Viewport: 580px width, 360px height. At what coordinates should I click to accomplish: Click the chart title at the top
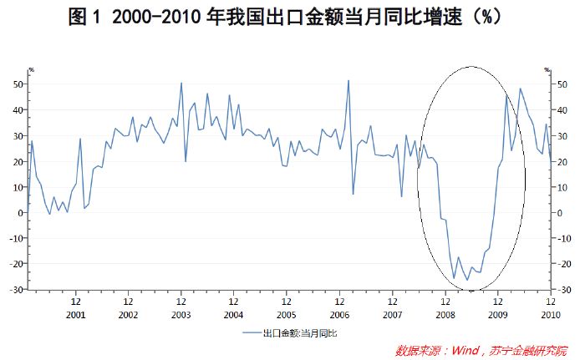point(289,18)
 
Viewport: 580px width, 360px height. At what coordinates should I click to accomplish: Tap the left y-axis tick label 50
point(19,84)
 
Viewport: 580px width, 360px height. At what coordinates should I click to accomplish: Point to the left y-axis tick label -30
point(18,290)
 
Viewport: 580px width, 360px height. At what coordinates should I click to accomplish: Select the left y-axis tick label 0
point(22,213)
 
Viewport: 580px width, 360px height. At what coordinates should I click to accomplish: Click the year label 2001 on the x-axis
point(75,315)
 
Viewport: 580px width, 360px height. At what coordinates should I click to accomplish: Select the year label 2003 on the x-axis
point(181,315)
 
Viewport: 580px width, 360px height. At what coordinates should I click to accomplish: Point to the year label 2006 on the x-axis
point(339,315)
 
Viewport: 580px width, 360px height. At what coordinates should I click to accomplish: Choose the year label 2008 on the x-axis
point(445,315)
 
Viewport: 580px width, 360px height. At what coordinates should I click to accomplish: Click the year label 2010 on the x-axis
point(551,315)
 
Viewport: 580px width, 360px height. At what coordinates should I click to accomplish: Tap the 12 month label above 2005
point(287,302)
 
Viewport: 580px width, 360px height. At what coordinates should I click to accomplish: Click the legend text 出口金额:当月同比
point(300,332)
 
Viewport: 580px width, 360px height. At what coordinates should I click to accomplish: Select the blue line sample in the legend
point(250,332)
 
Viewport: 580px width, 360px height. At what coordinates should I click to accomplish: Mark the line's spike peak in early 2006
point(349,81)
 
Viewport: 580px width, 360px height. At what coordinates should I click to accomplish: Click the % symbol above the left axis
point(31,70)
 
